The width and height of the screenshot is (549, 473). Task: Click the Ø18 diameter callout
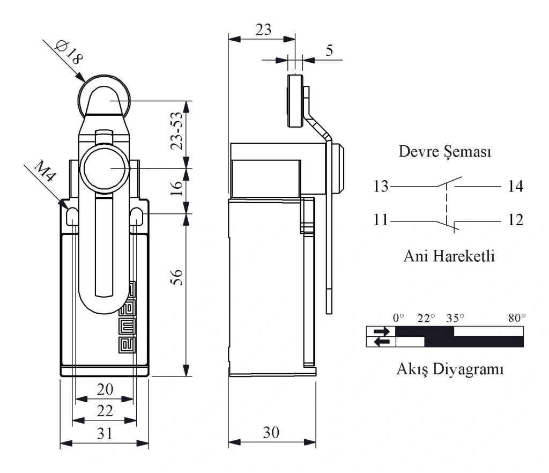[x=69, y=53]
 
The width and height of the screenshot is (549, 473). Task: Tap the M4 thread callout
[x=45, y=171]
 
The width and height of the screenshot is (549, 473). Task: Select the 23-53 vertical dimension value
[x=177, y=131]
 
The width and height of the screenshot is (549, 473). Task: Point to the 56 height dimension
[x=177, y=277]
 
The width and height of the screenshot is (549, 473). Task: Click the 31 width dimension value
[x=105, y=434]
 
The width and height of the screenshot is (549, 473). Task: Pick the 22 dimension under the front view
[x=105, y=411]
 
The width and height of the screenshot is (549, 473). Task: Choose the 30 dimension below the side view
[x=271, y=433]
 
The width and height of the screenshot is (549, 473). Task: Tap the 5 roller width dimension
[x=329, y=51]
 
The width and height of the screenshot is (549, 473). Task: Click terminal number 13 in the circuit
[x=381, y=186]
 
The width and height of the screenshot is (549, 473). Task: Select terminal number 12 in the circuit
[x=515, y=220]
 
